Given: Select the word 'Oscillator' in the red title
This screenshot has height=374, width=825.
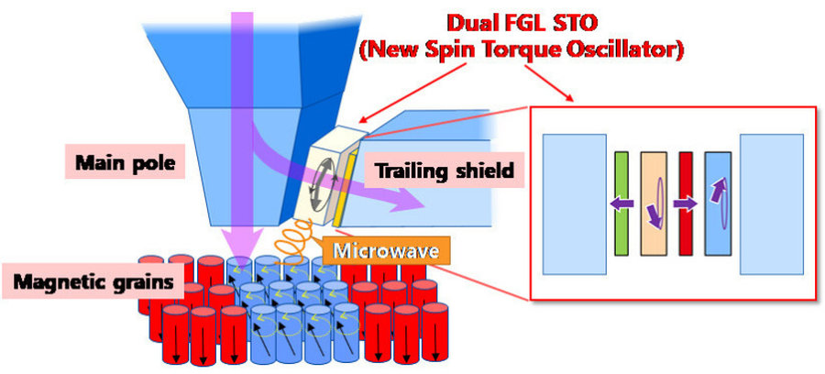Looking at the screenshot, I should click(627, 46).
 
